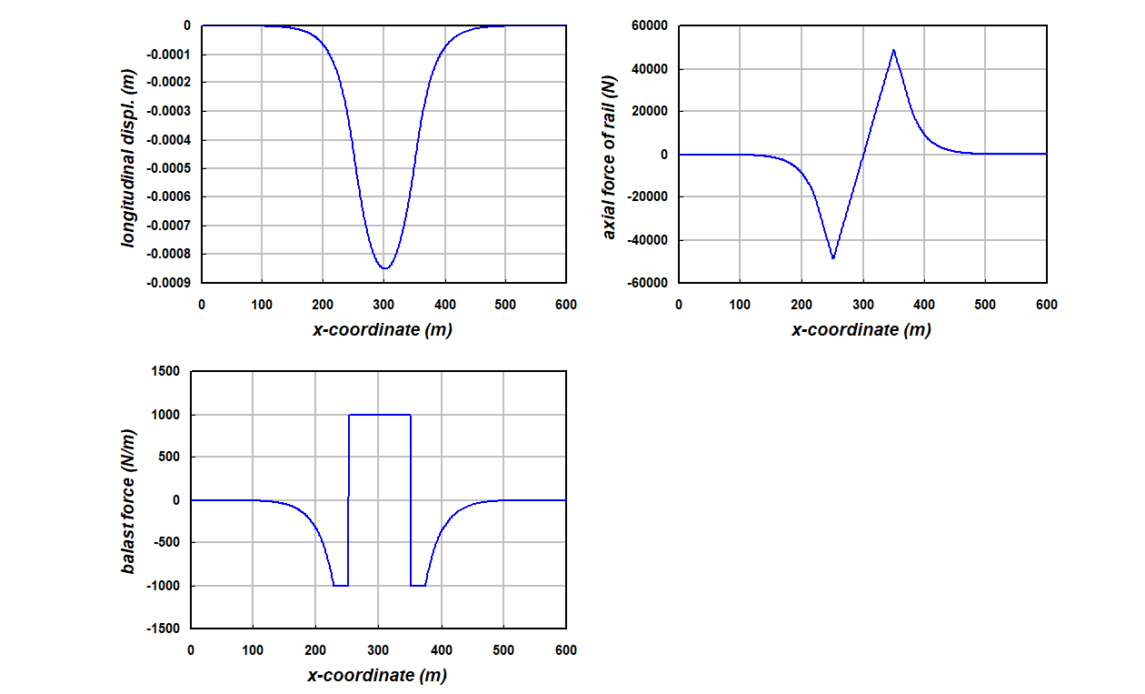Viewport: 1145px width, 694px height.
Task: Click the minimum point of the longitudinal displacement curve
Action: [x=384, y=267]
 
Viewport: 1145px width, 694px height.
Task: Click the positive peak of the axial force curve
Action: [x=894, y=50]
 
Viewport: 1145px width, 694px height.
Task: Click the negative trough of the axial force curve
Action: [x=832, y=258]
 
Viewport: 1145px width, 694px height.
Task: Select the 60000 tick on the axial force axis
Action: [x=649, y=26]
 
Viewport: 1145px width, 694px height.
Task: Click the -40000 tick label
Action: [x=646, y=240]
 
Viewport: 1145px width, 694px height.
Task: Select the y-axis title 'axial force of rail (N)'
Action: [x=610, y=155]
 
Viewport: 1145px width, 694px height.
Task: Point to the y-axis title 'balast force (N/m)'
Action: [x=128, y=499]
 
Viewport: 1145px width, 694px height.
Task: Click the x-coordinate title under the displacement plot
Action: [x=383, y=330]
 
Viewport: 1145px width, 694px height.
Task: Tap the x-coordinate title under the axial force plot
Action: [x=861, y=330]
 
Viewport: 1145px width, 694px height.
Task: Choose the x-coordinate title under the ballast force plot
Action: [x=377, y=675]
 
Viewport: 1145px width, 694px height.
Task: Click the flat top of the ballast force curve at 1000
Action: [x=380, y=415]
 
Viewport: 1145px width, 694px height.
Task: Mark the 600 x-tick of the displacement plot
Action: [x=566, y=305]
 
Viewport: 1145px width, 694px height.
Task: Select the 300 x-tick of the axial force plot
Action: [x=862, y=305]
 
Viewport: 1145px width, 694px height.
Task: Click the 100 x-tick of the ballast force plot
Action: [x=253, y=650]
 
